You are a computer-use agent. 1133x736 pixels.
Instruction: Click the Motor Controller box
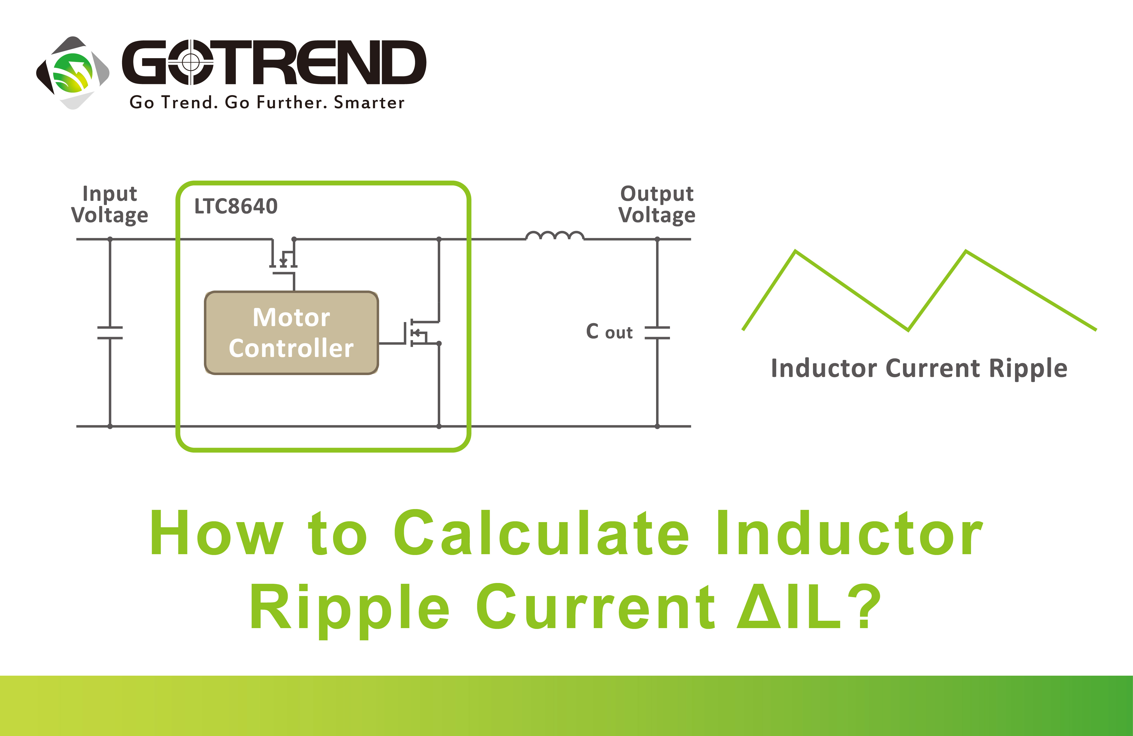291,333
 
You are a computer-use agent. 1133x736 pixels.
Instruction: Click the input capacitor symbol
110,333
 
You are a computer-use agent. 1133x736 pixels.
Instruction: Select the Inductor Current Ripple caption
919,368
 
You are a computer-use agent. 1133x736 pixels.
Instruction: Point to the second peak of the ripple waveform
966,251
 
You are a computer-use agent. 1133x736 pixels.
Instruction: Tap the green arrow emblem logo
73,73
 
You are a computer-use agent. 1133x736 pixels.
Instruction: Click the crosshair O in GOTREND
190,62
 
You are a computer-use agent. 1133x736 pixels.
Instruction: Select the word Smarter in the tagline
369,102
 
